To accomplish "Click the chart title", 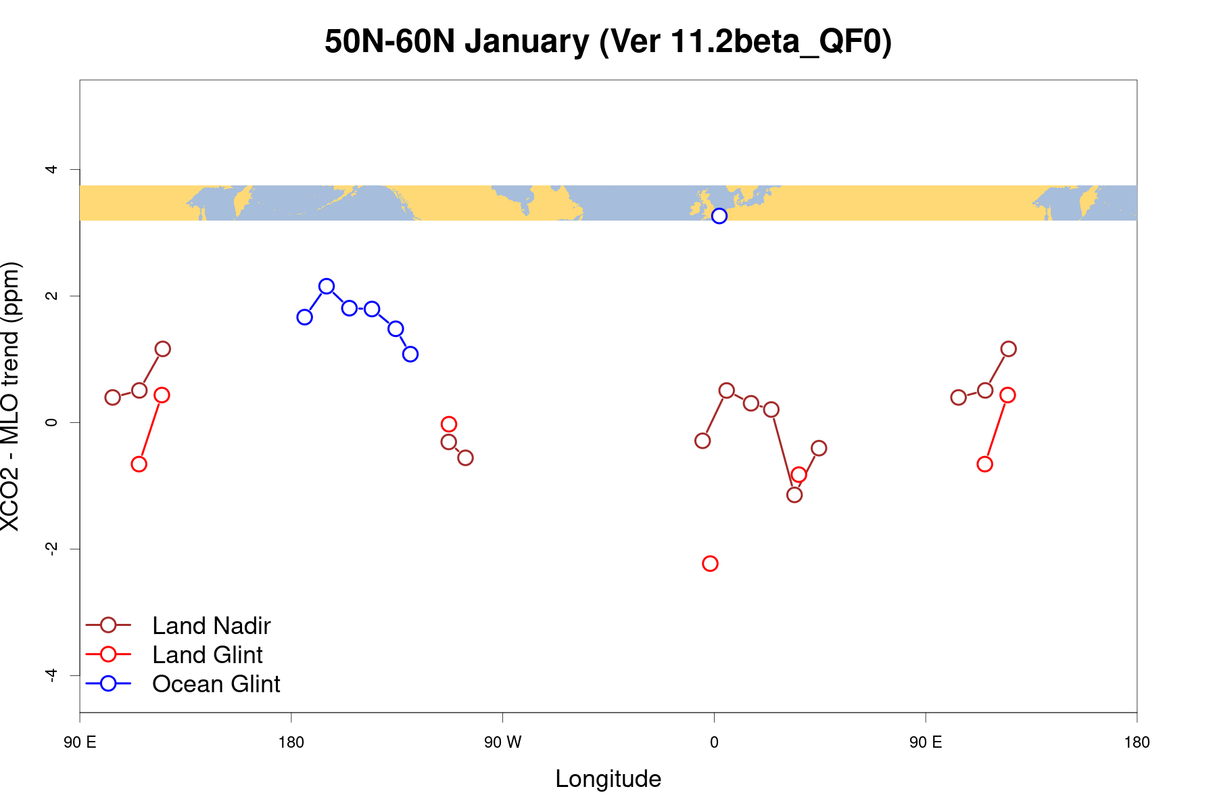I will pos(608,42).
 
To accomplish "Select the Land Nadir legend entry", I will pos(211,626).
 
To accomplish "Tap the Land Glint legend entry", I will pos(207,655).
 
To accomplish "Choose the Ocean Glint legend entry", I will pos(216,684).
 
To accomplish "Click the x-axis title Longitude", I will pos(608,779).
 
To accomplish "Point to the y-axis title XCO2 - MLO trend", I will pos(11,397).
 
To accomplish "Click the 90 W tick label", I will pos(502,743).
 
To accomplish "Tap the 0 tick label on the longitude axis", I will pos(714,743).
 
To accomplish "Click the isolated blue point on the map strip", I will pos(719,216).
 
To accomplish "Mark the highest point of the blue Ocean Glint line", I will pos(327,286).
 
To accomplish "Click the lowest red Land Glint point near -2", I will pos(710,564).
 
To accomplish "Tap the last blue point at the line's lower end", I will pos(410,354).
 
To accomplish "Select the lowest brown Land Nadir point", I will pos(794,495).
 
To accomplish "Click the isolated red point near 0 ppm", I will pos(448,424).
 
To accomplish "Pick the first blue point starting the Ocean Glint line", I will pos(304,317).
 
